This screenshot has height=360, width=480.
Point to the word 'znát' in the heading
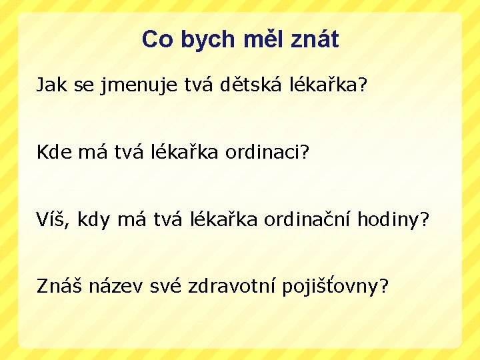click(315, 40)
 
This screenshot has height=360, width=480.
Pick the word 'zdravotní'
click(233, 286)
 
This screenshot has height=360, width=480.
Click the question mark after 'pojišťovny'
click(383, 286)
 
